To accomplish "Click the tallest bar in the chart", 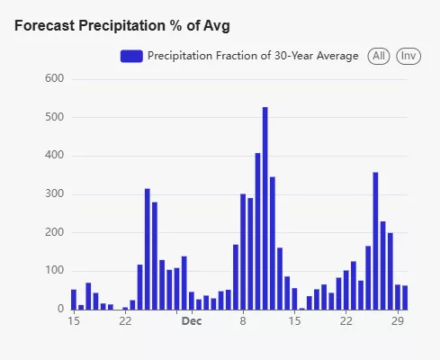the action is pos(265,208).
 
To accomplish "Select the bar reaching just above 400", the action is pos(257,231).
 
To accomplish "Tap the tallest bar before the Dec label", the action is pos(148,249).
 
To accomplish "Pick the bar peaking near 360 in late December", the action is pos(375,241).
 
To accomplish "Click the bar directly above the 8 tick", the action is pos(243,252).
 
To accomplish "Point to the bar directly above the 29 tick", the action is pos(398,297).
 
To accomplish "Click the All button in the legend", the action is pos(379,56).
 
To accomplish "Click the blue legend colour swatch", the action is pos(131,56).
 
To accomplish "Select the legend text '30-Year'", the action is pos(293,56).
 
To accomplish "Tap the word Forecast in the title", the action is pos(45,25).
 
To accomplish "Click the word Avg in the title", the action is pos(217,26).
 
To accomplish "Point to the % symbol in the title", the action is pos(175,25).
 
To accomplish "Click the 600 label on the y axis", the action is pos(55,78).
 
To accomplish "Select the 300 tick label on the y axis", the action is pos(55,193).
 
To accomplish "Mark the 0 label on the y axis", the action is pos(61,309).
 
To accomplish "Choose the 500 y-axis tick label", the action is pos(55,117).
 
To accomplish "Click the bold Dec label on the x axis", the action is pos(192,321).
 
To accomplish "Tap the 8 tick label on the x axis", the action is pos(243,321).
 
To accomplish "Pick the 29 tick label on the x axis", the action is pos(398,321).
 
